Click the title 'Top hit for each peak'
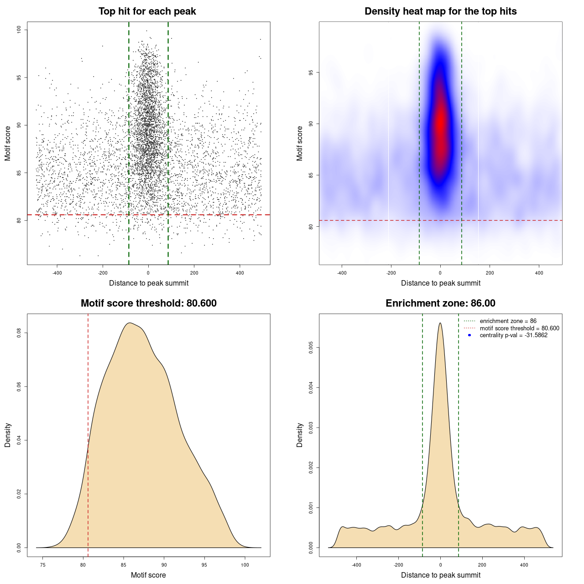[147, 11]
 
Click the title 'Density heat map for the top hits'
[440, 11]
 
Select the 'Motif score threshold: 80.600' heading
[148, 303]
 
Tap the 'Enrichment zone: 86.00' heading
[440, 303]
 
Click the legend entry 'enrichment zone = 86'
[508, 321]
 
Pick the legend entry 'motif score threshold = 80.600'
[519, 328]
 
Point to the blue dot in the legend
[469, 335]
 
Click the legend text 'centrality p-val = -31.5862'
[513, 335]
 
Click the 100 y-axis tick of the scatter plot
[19, 30]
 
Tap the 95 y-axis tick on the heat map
[311, 73]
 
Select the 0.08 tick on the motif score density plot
[19, 333]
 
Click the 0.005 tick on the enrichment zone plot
[311, 348]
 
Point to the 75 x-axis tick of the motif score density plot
[43, 565]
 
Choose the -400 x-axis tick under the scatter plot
[57, 273]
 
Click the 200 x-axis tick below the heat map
[490, 273]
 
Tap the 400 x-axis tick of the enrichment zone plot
[524, 565]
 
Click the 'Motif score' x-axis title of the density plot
[148, 575]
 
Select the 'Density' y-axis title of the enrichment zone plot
[300, 435]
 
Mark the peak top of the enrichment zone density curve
[440, 323]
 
